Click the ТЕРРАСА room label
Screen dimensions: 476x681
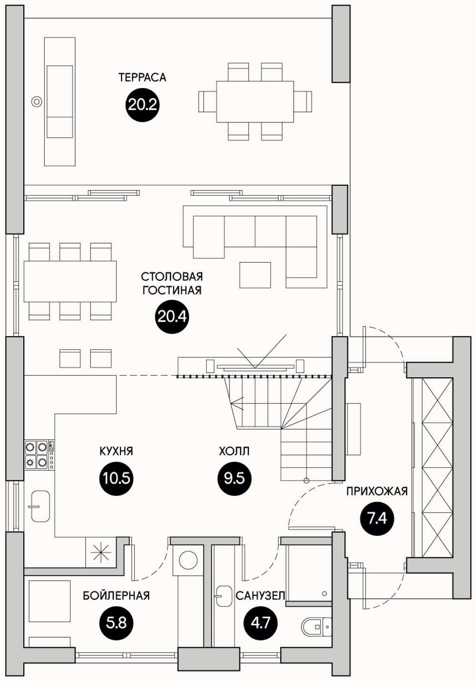pos(142,78)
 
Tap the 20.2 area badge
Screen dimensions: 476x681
pos(142,105)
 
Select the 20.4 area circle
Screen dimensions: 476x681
pos(172,317)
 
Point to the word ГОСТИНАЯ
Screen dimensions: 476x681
pos(172,290)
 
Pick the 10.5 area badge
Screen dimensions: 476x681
pos(117,479)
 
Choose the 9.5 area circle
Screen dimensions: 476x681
pos(235,479)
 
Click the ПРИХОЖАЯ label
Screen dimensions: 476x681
pos(377,491)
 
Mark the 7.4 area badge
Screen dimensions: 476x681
pos(377,519)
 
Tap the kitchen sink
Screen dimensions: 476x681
pos(40,506)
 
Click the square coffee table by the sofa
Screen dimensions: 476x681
pos(255,275)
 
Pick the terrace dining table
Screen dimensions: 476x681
pos(255,101)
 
